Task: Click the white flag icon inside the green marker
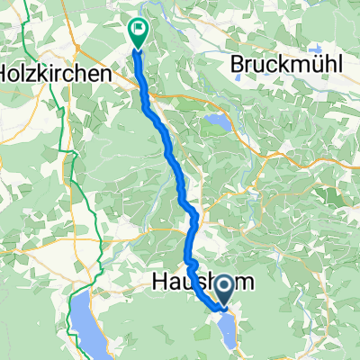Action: pos(139,30)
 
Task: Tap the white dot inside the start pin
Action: pos(222,286)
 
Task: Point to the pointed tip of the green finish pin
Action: pos(139,47)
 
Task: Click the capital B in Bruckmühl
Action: pos(236,64)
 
